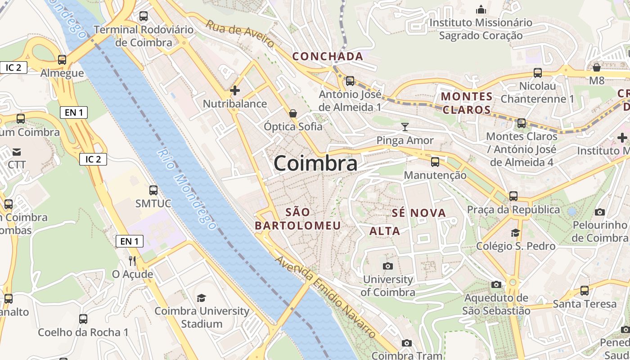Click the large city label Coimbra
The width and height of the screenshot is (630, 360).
pyautogui.click(x=315, y=163)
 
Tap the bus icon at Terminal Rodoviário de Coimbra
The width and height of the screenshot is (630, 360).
pyautogui.click(x=144, y=17)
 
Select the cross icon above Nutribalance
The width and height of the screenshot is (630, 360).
pyautogui.click(x=234, y=90)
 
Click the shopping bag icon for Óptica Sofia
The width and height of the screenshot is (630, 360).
pyautogui.click(x=293, y=113)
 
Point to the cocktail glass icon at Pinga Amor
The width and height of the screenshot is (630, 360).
pyautogui.click(x=405, y=126)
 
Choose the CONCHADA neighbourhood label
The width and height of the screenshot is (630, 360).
pyautogui.click(x=328, y=56)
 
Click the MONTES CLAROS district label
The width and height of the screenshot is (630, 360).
pyautogui.click(x=467, y=103)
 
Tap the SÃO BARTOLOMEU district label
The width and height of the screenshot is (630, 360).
pyautogui.click(x=298, y=219)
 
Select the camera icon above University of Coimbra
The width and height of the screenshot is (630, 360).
pyautogui.click(x=387, y=266)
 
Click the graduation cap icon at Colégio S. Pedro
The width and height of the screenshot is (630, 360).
pyautogui.click(x=515, y=233)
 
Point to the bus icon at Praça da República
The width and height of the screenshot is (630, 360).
pyautogui.click(x=513, y=196)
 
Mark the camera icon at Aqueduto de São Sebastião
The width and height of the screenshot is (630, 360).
pyautogui.click(x=496, y=284)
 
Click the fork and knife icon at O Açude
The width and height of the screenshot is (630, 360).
pyautogui.click(x=132, y=261)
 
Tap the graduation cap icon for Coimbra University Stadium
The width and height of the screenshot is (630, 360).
pyautogui.click(x=201, y=298)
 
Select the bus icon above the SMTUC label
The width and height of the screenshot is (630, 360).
pyautogui.click(x=153, y=190)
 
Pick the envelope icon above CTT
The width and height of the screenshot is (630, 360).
pyautogui.click(x=17, y=152)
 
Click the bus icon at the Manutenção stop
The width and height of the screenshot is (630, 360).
pyautogui.click(x=435, y=162)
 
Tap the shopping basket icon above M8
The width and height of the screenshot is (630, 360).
pyautogui.click(x=596, y=67)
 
